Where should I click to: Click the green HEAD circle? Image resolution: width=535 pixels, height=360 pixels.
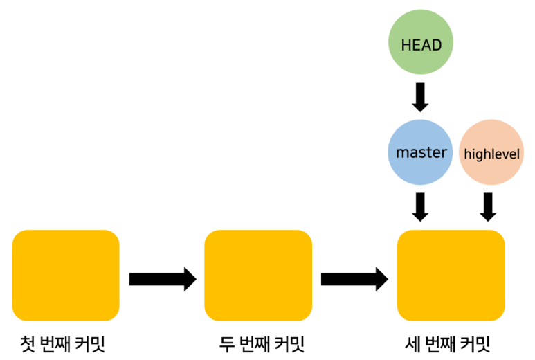421,44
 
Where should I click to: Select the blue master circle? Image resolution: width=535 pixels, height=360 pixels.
421,152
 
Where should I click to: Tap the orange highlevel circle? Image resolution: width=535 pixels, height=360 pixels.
491,152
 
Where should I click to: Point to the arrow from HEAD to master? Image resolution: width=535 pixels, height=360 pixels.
420,97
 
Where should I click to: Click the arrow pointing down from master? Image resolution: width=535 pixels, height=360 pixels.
420,206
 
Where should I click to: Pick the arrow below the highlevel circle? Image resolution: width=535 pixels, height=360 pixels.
488,206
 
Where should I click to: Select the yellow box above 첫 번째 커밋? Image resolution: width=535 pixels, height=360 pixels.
66,276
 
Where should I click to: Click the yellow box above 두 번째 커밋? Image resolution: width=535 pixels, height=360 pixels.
258,276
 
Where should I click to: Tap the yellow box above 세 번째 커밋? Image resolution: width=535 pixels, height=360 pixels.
451,276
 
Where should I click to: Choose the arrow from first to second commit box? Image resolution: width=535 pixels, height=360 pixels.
163,279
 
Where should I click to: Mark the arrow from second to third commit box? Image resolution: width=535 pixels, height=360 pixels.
354,279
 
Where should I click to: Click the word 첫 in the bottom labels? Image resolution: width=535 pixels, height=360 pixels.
28,343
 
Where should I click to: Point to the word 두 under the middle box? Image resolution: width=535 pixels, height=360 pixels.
226,343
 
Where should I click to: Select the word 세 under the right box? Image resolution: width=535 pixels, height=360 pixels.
411,343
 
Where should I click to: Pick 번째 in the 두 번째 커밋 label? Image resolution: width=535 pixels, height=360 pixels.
255,343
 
